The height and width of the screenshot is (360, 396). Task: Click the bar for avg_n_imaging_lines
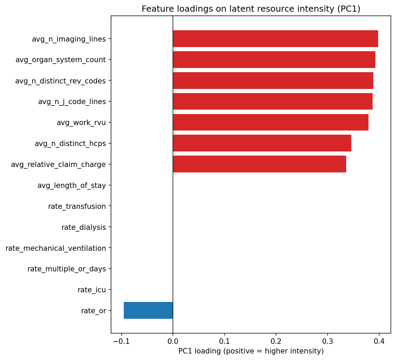tap(275, 39)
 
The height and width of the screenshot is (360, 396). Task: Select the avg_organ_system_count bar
tap(274, 60)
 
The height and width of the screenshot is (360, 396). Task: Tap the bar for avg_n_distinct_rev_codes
tap(273, 81)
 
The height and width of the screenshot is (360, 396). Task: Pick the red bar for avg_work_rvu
tap(271, 122)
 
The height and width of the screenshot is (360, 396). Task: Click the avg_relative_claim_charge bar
tap(259, 164)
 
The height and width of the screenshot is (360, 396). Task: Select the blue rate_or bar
tap(148, 311)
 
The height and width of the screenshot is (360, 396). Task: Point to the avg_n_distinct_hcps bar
tap(262, 143)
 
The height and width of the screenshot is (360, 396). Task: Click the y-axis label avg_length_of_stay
tap(71, 185)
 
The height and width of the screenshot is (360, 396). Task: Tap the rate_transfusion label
tap(77, 206)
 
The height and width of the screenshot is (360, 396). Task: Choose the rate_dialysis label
tap(84, 227)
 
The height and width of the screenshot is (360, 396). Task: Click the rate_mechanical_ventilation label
tap(56, 248)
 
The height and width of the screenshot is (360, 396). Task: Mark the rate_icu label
tap(91, 290)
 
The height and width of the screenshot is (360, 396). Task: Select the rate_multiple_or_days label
tap(67, 269)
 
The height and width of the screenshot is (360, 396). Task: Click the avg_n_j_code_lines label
tap(72, 102)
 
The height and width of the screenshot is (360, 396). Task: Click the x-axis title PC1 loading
tap(251, 351)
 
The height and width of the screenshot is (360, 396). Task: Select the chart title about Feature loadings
tap(251, 9)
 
